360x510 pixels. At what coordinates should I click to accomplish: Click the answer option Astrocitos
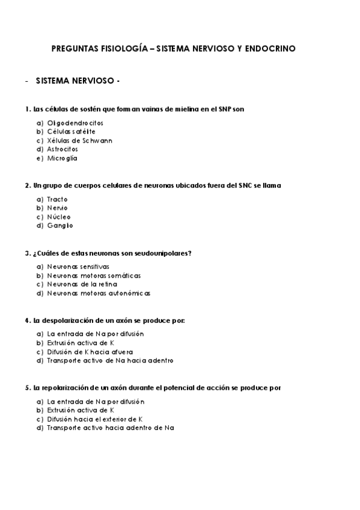[63, 149]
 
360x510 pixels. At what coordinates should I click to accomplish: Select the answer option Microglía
[63, 158]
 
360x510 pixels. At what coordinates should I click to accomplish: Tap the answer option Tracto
[58, 198]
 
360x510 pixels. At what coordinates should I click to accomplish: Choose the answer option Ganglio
[60, 226]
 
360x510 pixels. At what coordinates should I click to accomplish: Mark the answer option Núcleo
[59, 217]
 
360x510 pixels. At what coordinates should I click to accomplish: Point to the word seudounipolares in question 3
[164, 253]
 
